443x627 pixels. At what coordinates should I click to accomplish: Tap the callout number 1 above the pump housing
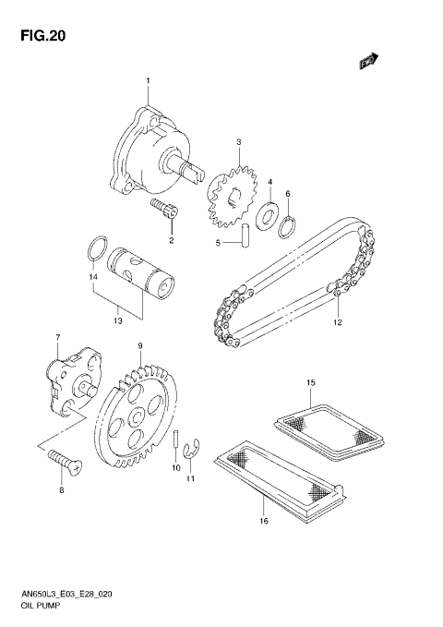[146, 82]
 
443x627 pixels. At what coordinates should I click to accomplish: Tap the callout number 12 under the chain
[337, 323]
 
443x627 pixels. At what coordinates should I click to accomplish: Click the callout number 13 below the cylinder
[117, 321]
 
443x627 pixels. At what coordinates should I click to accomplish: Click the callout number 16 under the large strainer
[263, 521]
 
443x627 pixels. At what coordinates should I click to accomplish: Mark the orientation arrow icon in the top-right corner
[369, 60]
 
